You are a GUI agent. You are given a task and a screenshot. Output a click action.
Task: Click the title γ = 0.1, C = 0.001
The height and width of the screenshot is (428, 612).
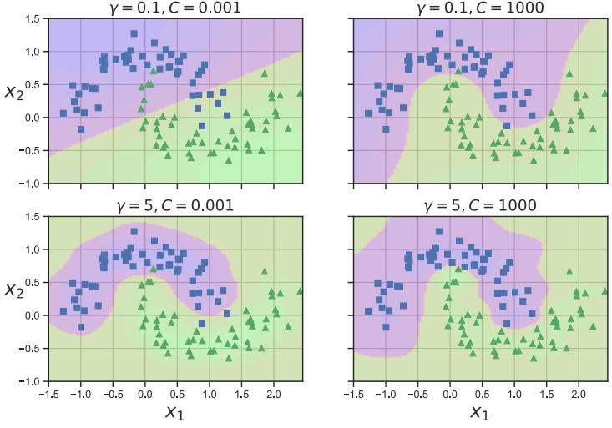[174, 8]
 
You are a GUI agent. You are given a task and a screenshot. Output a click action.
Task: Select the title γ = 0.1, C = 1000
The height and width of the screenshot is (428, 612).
[479, 8]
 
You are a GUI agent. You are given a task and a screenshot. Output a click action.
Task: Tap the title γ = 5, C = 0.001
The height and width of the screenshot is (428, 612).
[174, 205]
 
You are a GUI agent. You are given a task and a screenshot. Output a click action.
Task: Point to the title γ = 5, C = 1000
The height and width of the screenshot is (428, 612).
[479, 205]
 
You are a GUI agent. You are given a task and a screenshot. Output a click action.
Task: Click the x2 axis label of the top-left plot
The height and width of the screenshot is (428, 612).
[15, 91]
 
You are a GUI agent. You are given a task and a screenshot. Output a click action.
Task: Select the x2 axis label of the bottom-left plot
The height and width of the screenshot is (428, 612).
[15, 290]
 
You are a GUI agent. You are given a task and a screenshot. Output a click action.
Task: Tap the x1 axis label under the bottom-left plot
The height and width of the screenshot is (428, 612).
[175, 411]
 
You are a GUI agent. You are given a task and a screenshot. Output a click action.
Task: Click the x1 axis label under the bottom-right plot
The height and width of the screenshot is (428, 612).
[480, 411]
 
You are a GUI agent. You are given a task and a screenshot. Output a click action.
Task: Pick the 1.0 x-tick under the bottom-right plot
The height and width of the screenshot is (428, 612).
[514, 392]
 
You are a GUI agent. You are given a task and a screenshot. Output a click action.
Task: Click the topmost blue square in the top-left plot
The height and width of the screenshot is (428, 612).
[134, 34]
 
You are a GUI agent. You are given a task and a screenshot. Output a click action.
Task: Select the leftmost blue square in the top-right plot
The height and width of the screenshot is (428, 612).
[368, 113]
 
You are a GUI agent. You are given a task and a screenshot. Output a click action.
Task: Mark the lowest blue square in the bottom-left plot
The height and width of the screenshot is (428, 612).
[81, 327]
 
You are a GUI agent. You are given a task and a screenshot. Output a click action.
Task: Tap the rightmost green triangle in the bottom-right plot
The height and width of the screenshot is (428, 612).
[605, 291]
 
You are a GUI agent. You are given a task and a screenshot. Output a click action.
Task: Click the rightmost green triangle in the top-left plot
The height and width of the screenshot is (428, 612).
[300, 93]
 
